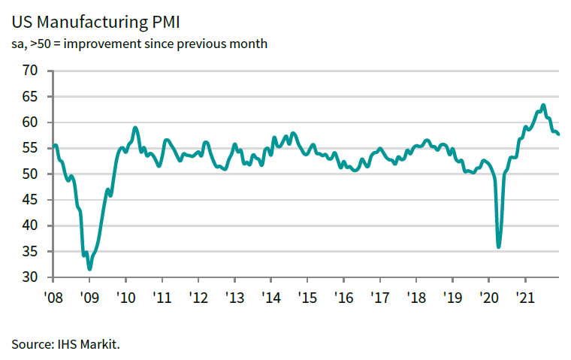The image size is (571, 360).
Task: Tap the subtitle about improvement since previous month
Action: (139, 44)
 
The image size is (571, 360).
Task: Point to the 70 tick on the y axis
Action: (30, 71)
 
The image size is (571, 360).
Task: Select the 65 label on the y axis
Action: (30, 97)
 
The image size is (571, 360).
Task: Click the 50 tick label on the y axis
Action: (30, 174)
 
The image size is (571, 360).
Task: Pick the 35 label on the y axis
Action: (30, 252)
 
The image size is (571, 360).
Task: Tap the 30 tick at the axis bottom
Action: (30, 277)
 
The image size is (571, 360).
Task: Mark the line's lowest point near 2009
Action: (89, 268)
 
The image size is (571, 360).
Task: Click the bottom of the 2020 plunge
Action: (499, 247)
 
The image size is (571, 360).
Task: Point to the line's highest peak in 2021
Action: (543, 105)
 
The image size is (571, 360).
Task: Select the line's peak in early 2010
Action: (134, 128)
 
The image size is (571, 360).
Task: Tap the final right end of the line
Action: (558, 135)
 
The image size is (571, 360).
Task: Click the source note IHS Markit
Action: (65, 344)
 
